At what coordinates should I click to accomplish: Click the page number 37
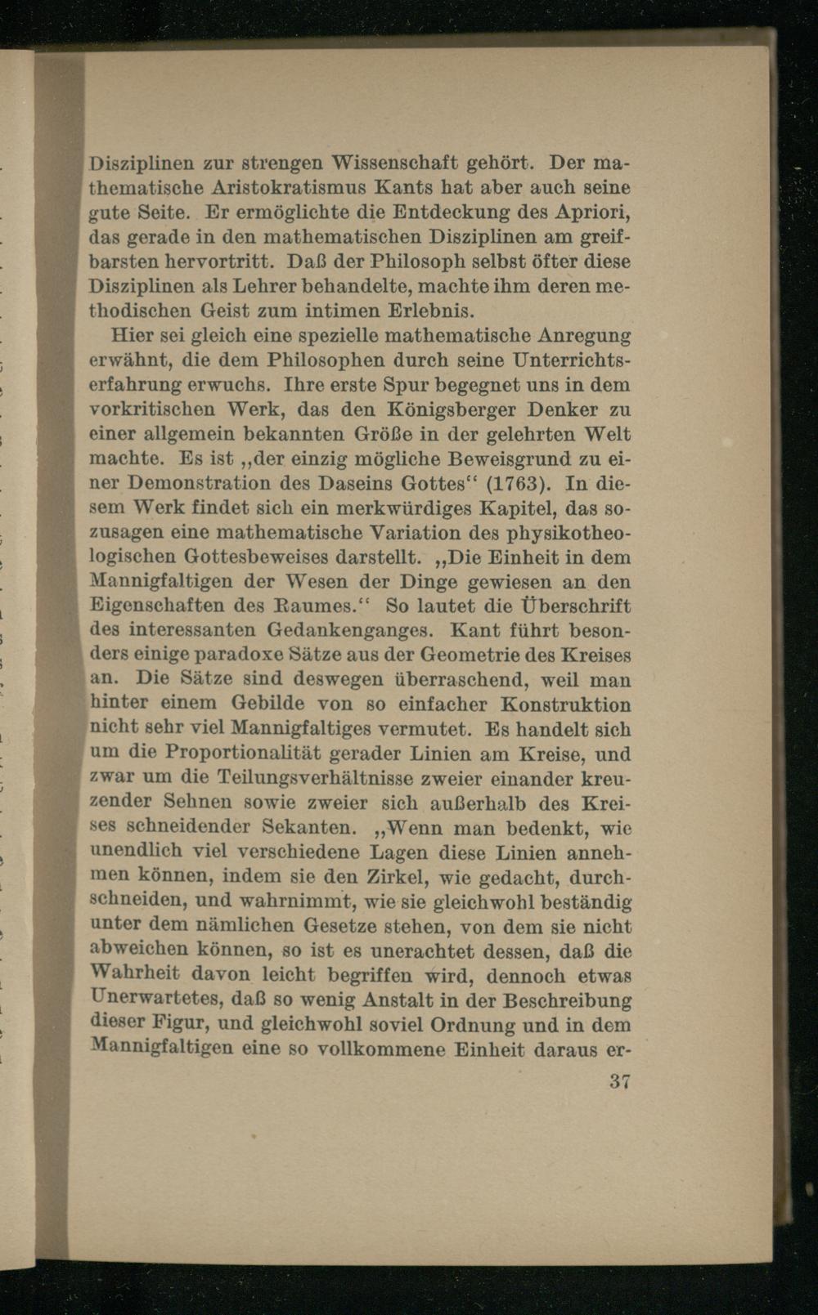(x=618, y=1081)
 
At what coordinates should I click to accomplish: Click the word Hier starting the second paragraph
(x=128, y=335)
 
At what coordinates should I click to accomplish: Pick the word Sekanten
(x=315, y=827)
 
